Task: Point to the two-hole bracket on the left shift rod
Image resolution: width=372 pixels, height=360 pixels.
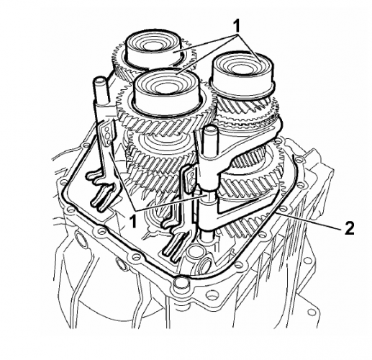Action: pos(106,134)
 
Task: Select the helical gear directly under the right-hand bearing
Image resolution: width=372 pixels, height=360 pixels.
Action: pos(248,108)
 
